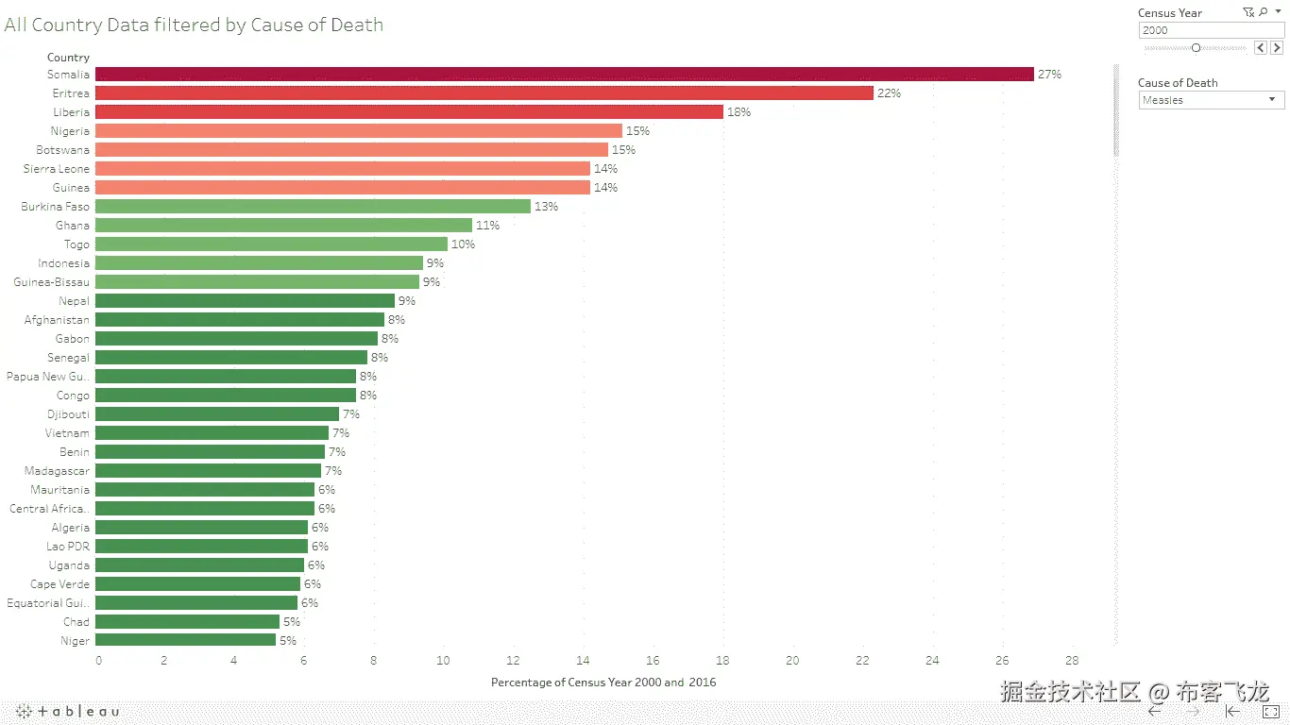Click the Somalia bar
point(564,75)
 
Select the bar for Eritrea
point(484,93)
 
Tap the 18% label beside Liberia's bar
point(738,112)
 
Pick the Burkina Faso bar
point(313,207)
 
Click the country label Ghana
point(73,226)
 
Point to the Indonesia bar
point(259,263)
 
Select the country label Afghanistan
point(57,320)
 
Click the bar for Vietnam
point(212,433)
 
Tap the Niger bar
point(185,641)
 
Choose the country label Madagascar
point(57,471)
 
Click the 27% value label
point(1049,75)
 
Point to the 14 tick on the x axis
point(583,661)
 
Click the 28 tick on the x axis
point(1072,661)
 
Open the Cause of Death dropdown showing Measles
point(1211,100)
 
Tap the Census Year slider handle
point(1196,47)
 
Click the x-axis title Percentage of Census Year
point(603,683)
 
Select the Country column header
point(68,58)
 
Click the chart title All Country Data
point(194,25)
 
